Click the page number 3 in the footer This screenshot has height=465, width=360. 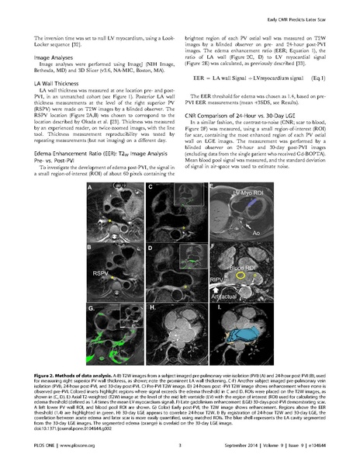point(179,445)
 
